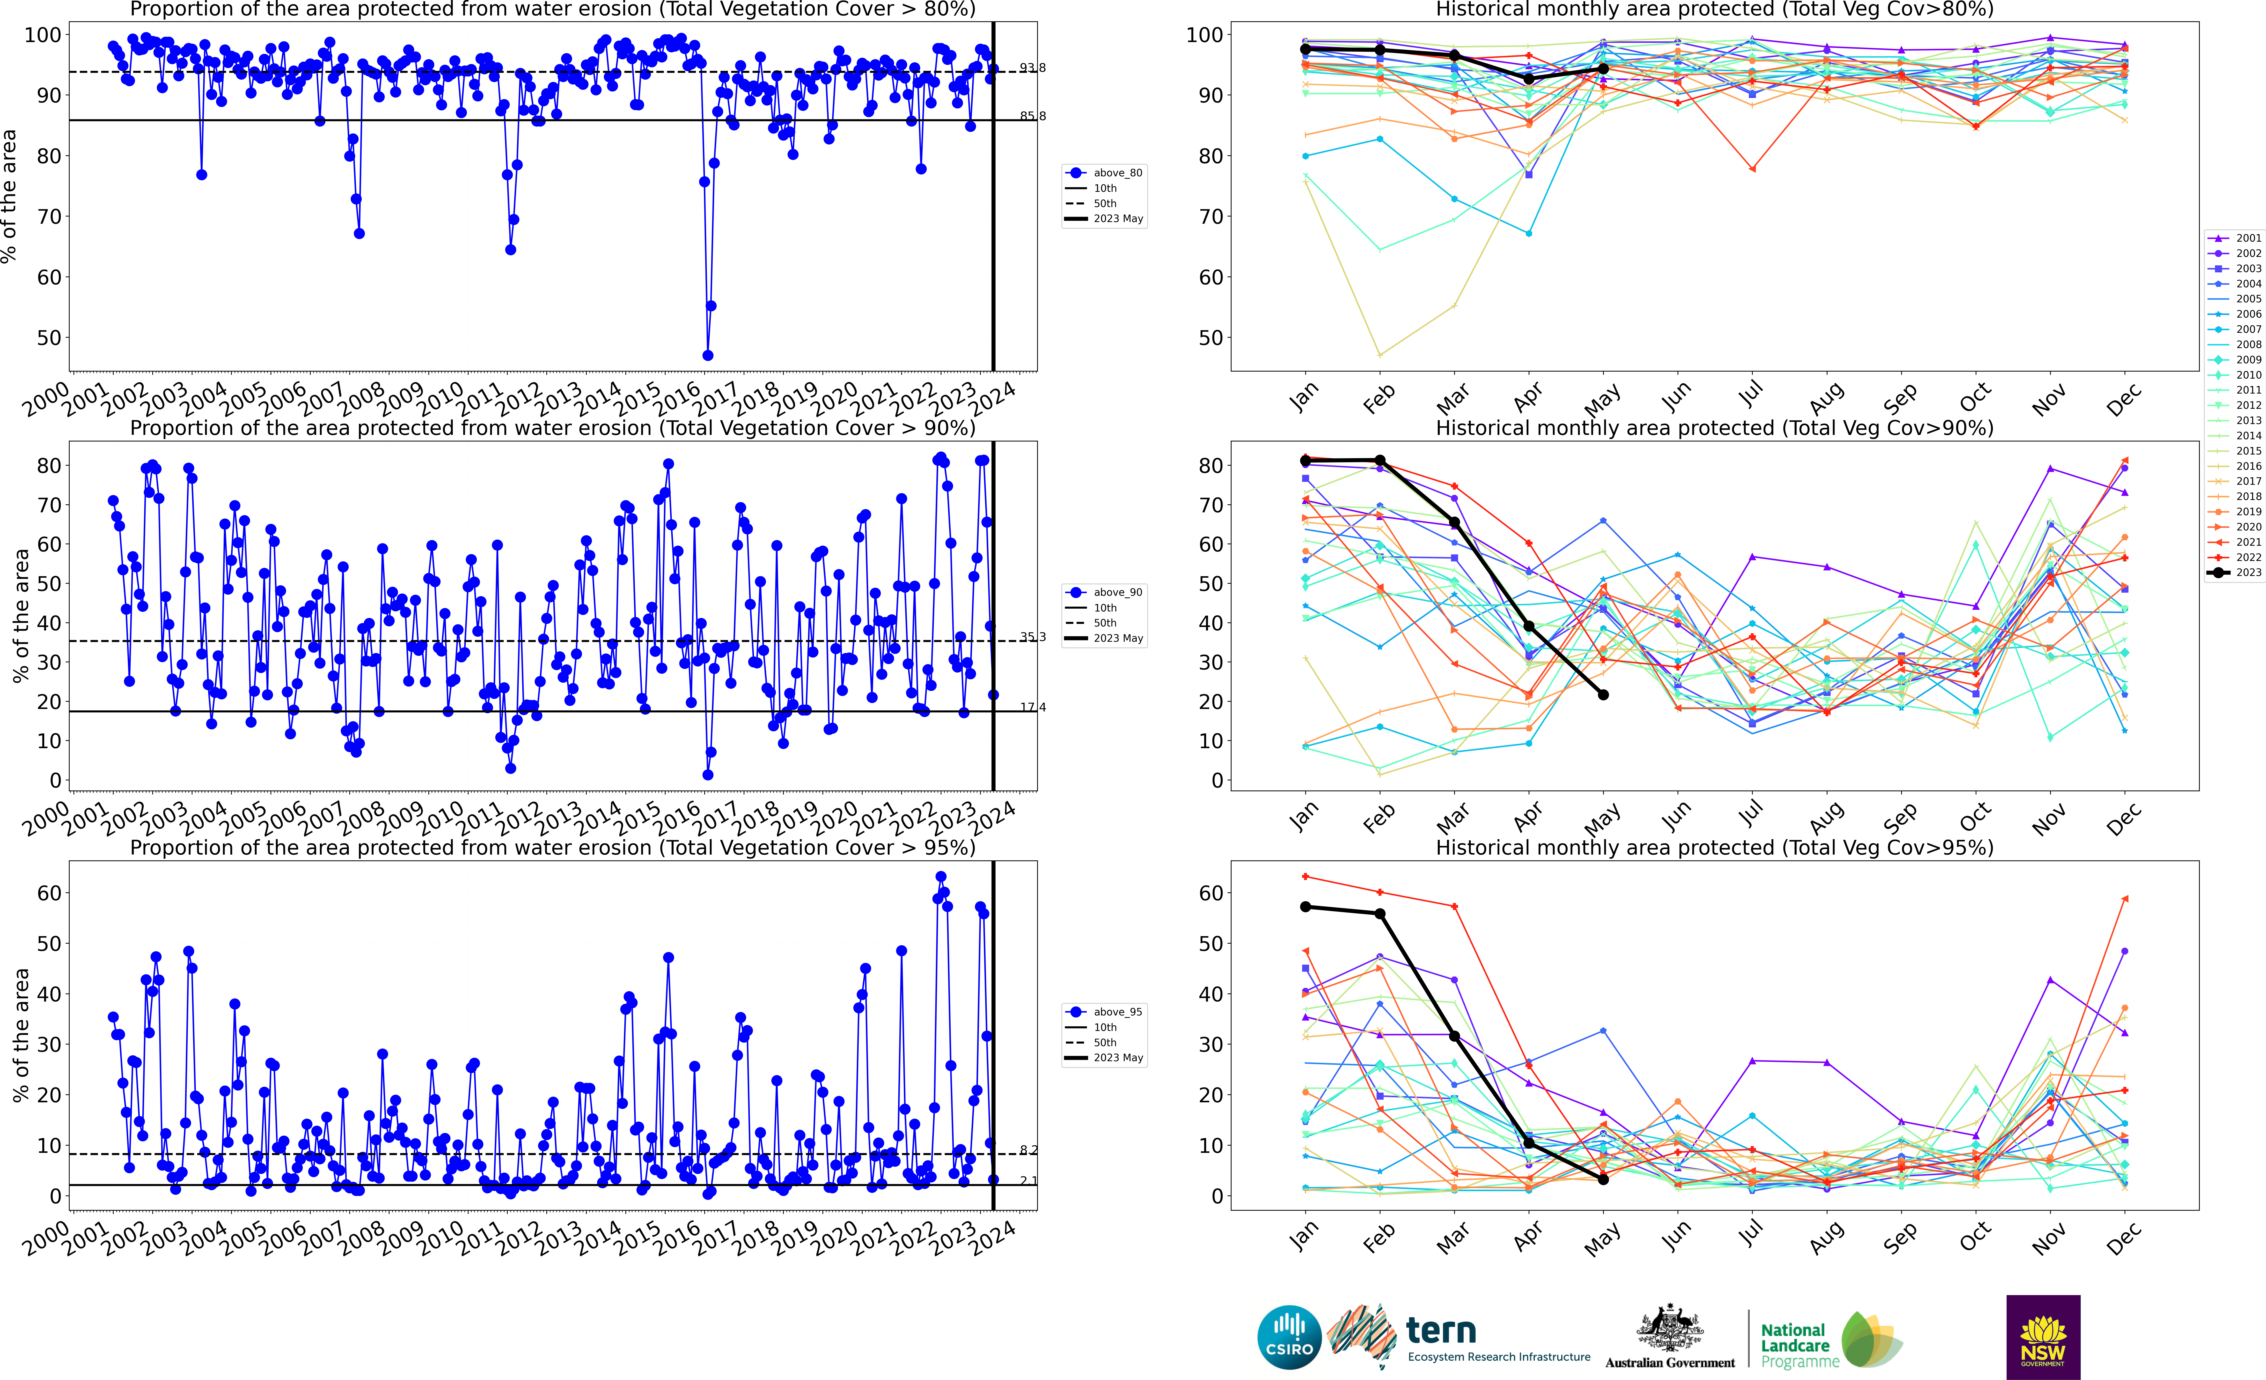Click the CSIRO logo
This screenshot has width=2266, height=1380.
[x=1289, y=1337]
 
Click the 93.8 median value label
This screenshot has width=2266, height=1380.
[x=1032, y=68]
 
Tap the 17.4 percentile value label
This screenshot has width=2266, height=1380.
[x=1032, y=708]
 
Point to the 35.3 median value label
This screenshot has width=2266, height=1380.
[x=1032, y=637]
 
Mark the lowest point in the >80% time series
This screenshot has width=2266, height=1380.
[x=707, y=355]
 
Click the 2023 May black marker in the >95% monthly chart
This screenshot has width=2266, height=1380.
[x=1603, y=1179]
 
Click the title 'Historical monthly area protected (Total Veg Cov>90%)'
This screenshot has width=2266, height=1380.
[x=1714, y=428]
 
